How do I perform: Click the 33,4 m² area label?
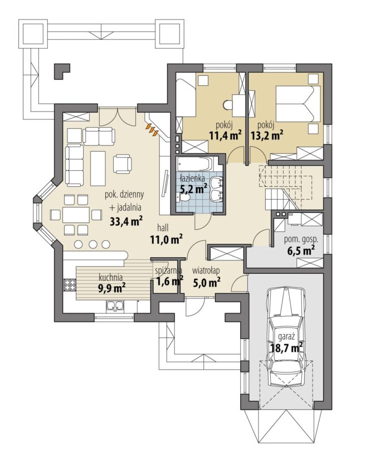126,221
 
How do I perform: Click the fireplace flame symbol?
152,129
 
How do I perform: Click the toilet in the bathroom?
184,197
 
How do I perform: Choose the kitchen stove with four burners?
69,284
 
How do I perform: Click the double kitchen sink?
115,306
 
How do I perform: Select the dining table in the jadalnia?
76,215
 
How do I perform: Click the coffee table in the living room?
98,168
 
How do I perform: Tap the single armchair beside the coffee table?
123,163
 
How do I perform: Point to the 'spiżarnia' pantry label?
168,271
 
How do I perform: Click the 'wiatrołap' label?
206,271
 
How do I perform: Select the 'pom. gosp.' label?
301,240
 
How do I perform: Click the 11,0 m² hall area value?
167,239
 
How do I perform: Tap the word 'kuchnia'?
111,277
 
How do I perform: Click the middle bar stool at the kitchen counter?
92,244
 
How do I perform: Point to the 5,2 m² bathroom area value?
193,189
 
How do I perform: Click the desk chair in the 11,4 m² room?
228,104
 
